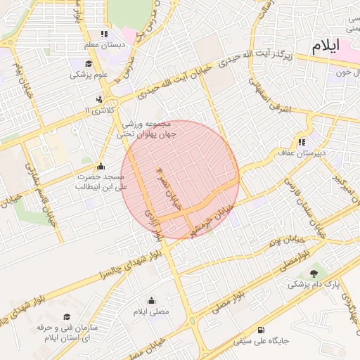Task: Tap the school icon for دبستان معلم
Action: point(104,33)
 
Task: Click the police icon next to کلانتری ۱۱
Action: point(99,99)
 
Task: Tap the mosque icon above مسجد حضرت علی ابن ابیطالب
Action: point(101,166)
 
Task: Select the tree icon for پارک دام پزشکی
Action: point(314,274)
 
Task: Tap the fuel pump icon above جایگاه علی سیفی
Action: point(262,330)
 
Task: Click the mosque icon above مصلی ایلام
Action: point(151,300)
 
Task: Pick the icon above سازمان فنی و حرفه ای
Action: point(67,317)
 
